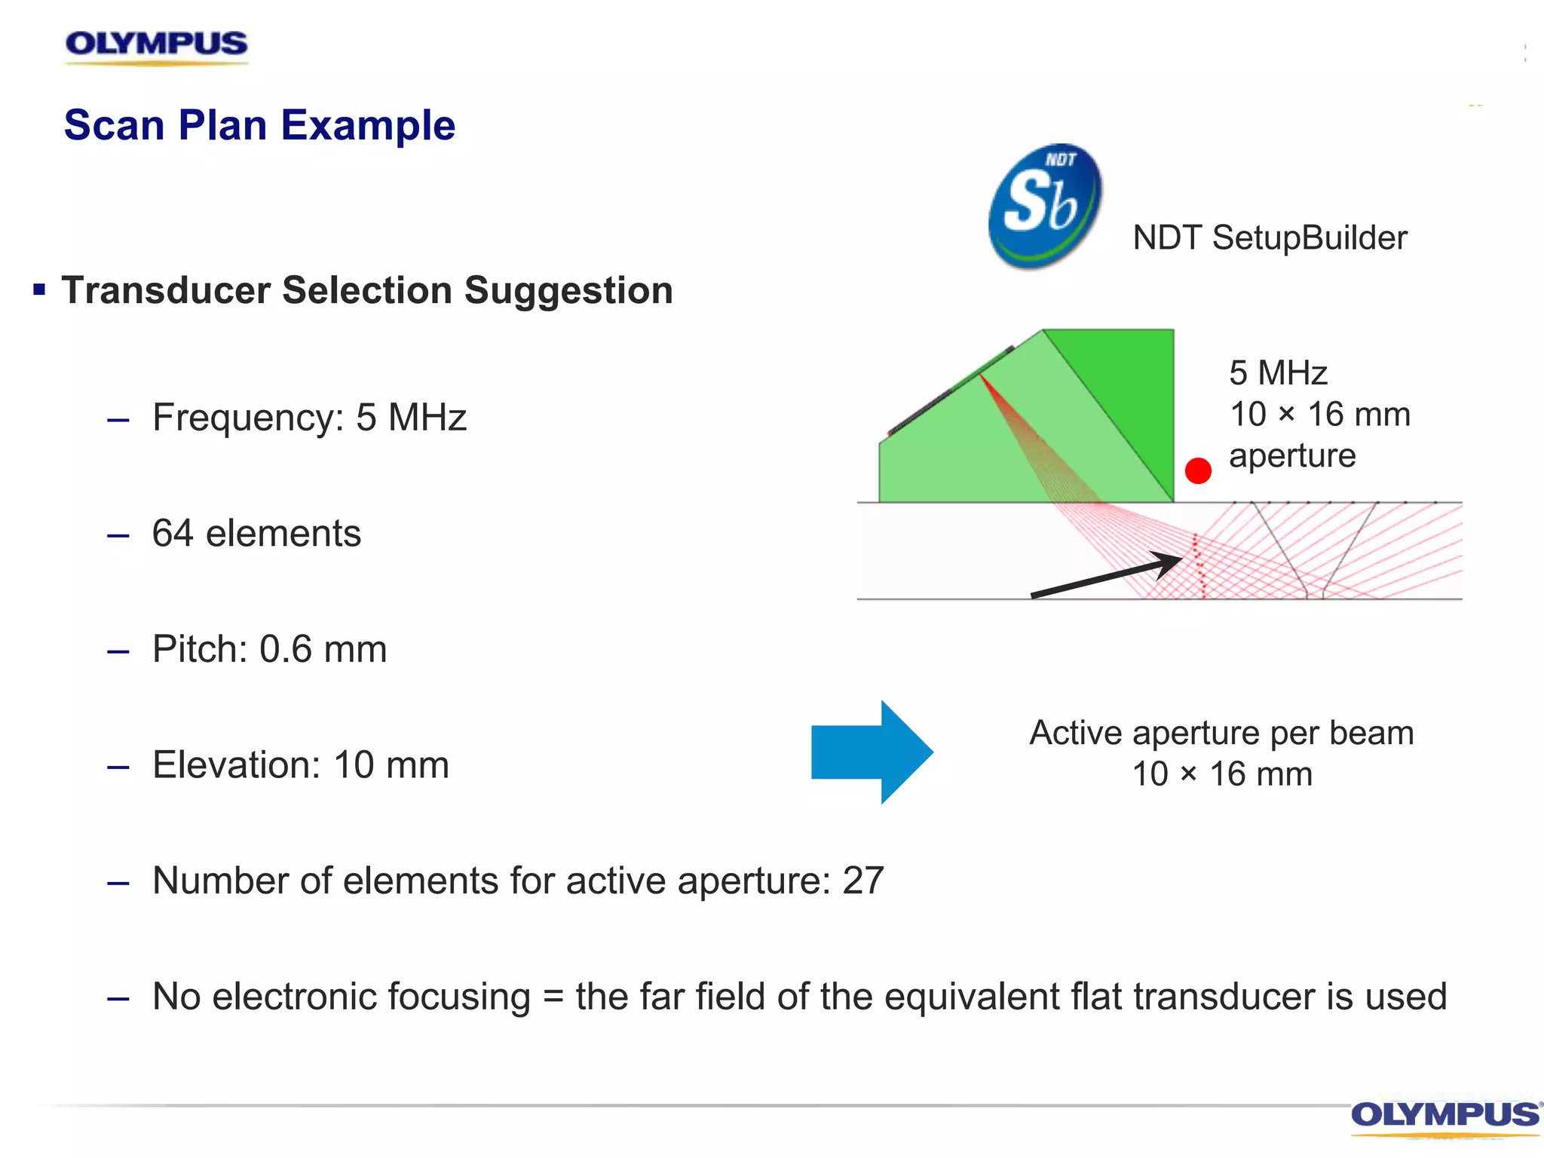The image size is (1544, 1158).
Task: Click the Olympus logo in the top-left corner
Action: point(156,45)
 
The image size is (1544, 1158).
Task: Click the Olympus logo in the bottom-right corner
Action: point(1444,1117)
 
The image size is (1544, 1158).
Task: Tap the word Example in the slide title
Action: point(368,125)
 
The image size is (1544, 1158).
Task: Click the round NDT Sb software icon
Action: point(1045,206)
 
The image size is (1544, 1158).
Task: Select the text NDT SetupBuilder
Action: point(1270,238)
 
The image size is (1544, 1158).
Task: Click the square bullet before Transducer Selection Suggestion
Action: point(39,289)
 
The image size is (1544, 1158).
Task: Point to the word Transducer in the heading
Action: point(166,291)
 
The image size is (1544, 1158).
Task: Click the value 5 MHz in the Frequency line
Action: point(411,418)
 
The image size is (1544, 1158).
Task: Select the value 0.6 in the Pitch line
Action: point(285,649)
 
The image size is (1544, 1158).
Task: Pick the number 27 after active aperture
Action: point(862,881)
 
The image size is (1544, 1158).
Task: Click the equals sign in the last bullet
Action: point(553,997)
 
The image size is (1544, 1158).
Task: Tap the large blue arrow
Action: point(872,752)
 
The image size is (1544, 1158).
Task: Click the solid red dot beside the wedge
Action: point(1198,470)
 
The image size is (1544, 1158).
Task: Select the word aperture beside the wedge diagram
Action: point(1292,456)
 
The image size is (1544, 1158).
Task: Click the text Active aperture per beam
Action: point(1221,733)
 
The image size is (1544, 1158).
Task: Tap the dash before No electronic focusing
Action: point(118,999)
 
